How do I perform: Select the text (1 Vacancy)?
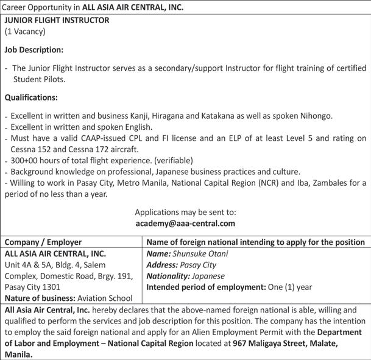25,31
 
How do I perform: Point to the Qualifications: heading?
32,97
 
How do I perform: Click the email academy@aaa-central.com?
185,224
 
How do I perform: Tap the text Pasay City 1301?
34,287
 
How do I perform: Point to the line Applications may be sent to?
185,213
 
